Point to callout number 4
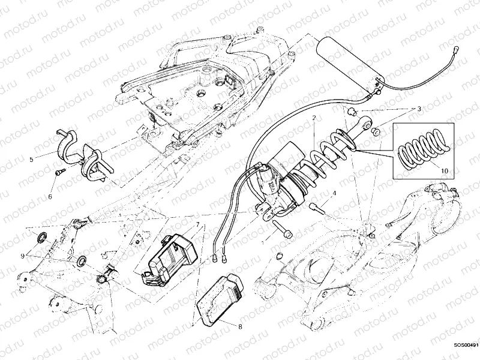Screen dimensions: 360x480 (334, 193)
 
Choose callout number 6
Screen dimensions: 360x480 (50, 196)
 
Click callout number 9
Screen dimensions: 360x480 (23, 256)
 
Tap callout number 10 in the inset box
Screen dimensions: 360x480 (444, 170)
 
